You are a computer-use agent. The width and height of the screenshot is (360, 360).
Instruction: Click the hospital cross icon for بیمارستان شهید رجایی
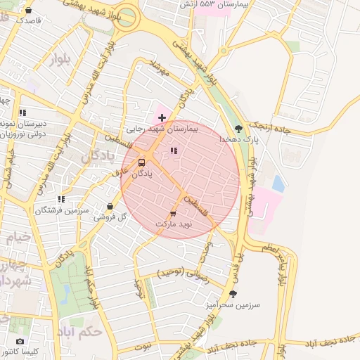tap(162, 116)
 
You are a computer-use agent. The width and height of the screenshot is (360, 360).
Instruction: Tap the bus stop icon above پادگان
tap(143, 162)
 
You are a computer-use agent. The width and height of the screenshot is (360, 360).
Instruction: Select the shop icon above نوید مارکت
tap(173, 212)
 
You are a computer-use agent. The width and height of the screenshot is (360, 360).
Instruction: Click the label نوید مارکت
tap(173, 224)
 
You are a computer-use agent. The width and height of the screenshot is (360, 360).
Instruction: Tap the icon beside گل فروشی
tap(110, 207)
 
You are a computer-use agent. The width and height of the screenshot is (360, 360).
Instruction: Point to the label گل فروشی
tap(110, 218)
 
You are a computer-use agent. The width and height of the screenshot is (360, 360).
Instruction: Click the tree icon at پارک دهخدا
tap(240, 128)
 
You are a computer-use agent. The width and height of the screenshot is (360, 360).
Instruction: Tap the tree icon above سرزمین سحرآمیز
tap(233, 294)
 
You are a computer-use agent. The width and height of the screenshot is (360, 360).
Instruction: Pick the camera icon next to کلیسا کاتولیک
tap(20, 341)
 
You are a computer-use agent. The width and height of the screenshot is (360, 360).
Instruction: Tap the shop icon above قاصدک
tap(28, 11)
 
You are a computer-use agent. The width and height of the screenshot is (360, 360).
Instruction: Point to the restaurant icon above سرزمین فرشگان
tap(62, 199)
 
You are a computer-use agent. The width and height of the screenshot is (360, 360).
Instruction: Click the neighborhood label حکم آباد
tap(83, 330)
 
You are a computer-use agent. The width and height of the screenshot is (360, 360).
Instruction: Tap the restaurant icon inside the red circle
tap(174, 150)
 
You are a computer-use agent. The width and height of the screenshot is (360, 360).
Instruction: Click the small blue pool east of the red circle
tap(278, 184)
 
